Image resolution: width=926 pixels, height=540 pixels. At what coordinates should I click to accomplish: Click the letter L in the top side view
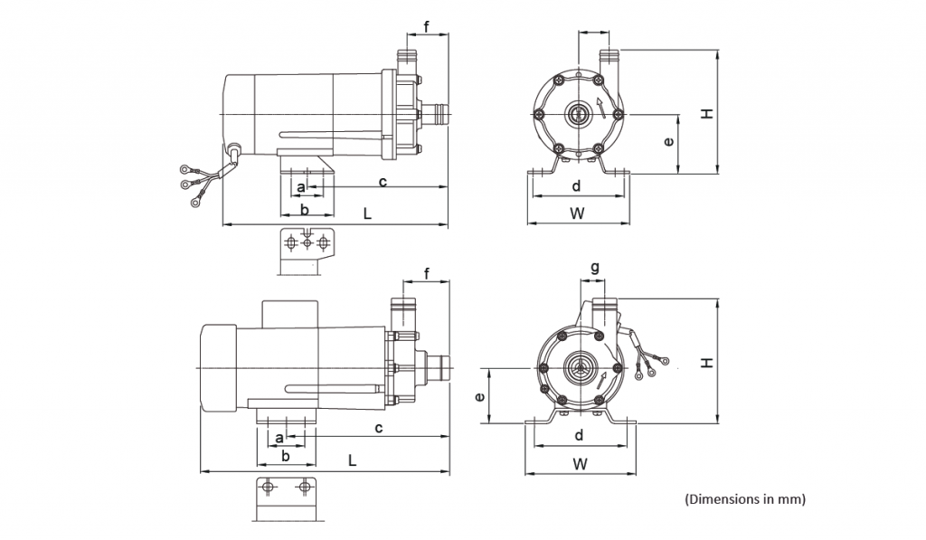(367, 214)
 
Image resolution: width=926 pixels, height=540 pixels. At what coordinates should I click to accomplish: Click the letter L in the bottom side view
(352, 460)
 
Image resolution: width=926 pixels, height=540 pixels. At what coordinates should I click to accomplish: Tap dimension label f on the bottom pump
(426, 271)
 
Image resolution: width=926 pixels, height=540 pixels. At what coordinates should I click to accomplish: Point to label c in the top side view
(383, 182)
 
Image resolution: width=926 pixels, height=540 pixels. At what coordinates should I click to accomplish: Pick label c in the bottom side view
(379, 426)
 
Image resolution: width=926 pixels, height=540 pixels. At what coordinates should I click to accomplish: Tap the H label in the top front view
(708, 113)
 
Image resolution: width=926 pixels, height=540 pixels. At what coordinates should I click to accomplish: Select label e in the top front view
(667, 142)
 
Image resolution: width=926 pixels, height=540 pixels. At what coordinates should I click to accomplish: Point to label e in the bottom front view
(480, 396)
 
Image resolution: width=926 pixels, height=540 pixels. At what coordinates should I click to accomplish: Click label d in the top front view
(576, 185)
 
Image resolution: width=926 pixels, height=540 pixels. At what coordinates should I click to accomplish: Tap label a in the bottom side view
(279, 438)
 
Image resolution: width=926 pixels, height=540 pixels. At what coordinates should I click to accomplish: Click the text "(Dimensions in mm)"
(744, 498)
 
